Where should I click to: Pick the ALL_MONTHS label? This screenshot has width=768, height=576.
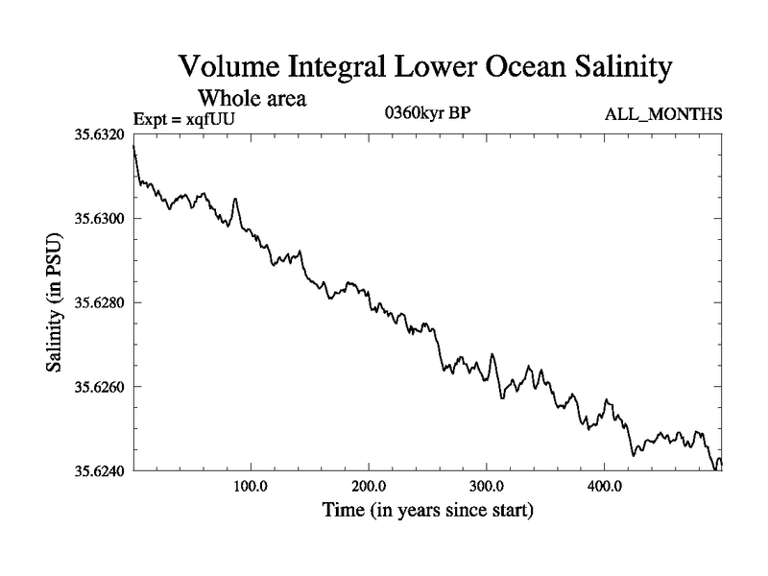coord(663,114)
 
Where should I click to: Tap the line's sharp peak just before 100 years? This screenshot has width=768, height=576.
coord(235,199)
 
